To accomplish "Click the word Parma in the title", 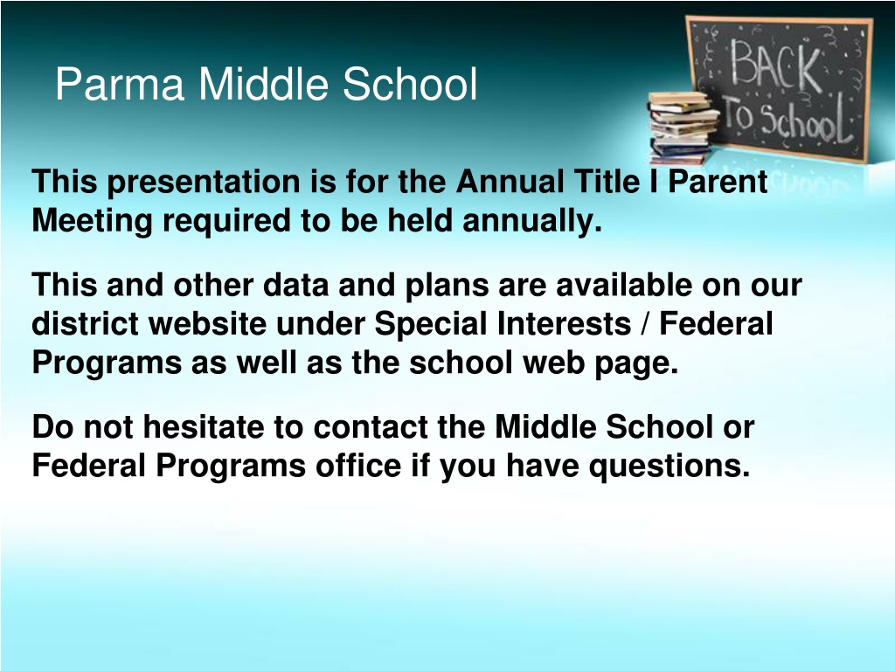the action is coord(120,84).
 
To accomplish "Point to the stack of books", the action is coord(683,128).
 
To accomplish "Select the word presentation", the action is coord(204,183).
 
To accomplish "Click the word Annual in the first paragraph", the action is coord(510,182).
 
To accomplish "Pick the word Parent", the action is coord(718,182).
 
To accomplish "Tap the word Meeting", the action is coord(92,221).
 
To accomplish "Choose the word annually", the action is coord(532,221).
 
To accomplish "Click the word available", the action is coord(624,285).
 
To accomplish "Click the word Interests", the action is coord(564,323).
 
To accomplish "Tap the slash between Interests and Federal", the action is coord(645,324).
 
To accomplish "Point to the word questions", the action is coord(670,467).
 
